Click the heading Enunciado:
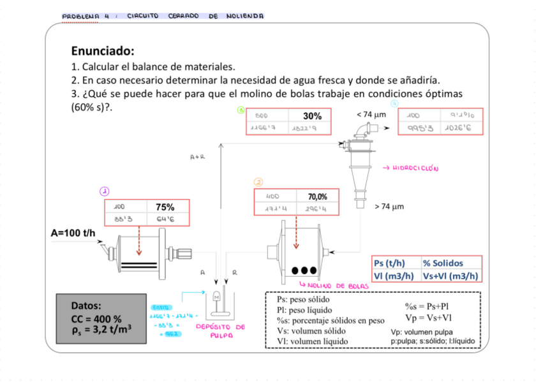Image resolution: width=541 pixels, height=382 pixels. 103,51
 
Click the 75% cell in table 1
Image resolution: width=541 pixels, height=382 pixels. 165,207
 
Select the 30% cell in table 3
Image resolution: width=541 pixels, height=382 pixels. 312,116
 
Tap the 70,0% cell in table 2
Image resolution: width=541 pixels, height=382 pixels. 318,196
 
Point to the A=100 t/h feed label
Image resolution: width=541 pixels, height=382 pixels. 73,233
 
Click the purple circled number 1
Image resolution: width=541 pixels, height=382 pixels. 104,191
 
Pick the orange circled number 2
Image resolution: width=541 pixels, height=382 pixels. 258,182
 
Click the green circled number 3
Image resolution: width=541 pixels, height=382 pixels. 241,110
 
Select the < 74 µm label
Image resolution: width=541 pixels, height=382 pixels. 371,115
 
